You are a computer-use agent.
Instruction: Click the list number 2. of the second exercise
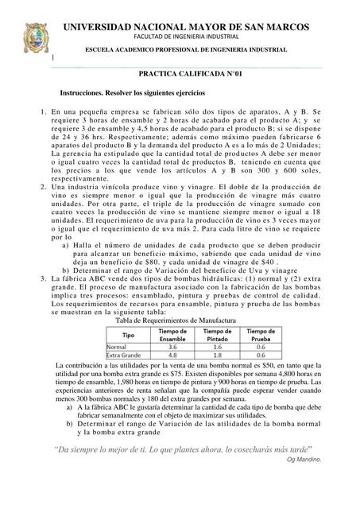(42, 207)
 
